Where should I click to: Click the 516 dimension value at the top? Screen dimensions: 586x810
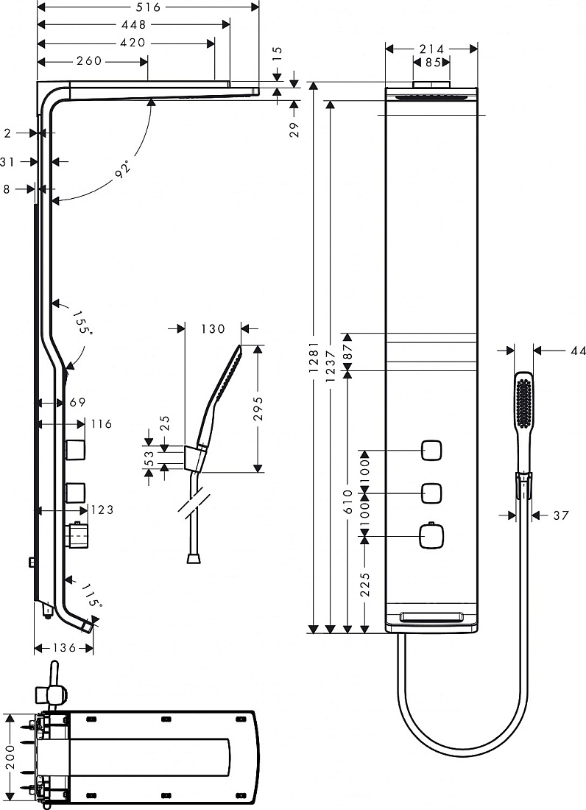tap(149, 7)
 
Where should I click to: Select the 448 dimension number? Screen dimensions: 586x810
tap(134, 24)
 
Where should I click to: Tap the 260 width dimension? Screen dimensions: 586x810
tap(89, 61)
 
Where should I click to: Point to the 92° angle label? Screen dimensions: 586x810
tap(123, 169)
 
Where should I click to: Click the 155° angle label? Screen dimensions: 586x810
tap(82, 322)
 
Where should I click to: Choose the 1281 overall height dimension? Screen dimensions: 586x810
tap(314, 357)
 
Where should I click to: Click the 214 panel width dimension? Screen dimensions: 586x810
tap(431, 49)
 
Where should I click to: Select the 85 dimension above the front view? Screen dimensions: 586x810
tap(433, 63)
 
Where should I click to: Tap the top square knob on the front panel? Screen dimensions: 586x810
tap(431, 450)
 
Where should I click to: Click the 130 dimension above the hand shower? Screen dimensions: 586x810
tap(213, 328)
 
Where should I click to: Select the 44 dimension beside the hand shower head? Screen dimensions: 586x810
tap(578, 351)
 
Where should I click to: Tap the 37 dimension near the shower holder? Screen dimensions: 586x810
tap(561, 515)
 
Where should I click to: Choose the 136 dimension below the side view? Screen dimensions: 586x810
tap(65, 648)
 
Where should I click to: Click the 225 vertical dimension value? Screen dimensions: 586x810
tap(365, 584)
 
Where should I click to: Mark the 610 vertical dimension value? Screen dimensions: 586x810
tap(347, 501)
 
